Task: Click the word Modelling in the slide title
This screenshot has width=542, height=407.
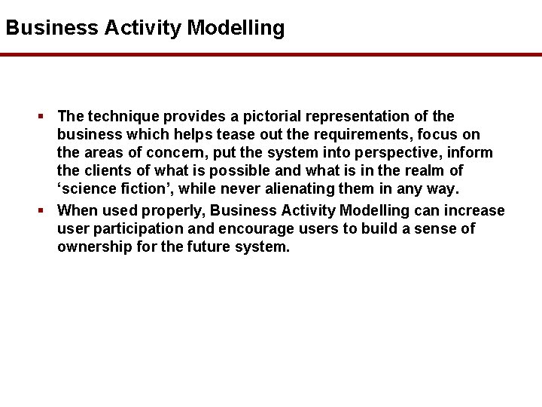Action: coord(236,29)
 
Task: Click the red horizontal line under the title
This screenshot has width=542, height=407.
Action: coord(271,55)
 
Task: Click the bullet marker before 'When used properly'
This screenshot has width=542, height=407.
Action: coord(43,210)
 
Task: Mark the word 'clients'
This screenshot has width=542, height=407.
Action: coord(108,170)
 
